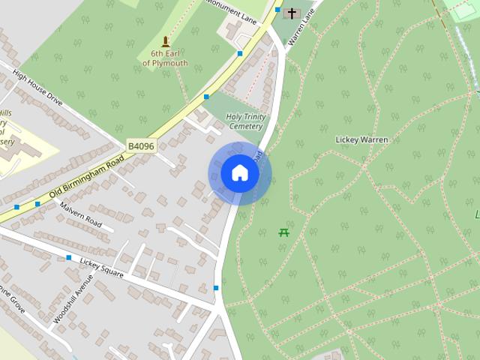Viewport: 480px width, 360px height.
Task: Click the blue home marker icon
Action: pyautogui.click(x=239, y=173)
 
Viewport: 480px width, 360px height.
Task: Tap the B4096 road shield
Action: pyautogui.click(x=140, y=146)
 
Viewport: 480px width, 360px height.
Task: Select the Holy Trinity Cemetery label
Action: pyautogui.click(x=245, y=121)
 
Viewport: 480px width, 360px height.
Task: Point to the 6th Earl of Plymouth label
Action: pyautogui.click(x=165, y=58)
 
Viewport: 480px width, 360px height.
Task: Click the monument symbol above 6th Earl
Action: pyautogui.click(x=166, y=40)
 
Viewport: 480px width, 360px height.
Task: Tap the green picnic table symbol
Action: pyautogui.click(x=284, y=232)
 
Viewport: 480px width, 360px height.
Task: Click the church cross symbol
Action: pyautogui.click(x=292, y=13)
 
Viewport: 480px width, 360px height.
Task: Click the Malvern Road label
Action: pyautogui.click(x=80, y=214)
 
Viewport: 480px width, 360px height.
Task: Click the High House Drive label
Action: pyautogui.click(x=37, y=87)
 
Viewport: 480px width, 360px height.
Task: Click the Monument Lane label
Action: pyautogui.click(x=232, y=13)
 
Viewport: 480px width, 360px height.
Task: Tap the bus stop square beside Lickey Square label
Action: pyautogui.click(x=69, y=258)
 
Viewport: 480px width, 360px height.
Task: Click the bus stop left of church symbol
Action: pyautogui.click(x=277, y=10)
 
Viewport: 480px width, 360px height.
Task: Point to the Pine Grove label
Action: pyautogui.click(x=13, y=295)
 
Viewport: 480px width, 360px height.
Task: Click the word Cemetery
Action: pyautogui.click(x=245, y=127)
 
